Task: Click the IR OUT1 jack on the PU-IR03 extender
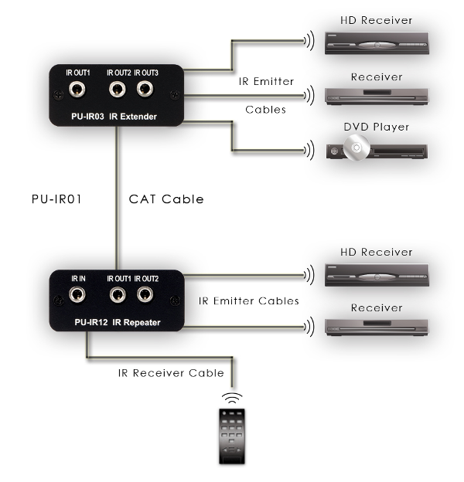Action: (79, 90)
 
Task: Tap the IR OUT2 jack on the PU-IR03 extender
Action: (118, 90)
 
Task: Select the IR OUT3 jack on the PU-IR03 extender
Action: (145, 90)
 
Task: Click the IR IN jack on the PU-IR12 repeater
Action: (78, 294)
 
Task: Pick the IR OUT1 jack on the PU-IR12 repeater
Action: (118, 294)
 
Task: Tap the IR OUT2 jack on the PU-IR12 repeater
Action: (145, 294)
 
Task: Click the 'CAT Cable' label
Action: (165, 199)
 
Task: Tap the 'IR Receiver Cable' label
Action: (171, 373)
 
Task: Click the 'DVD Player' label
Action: (377, 127)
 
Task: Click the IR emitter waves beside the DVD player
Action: (309, 149)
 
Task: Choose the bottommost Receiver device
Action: (377, 328)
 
